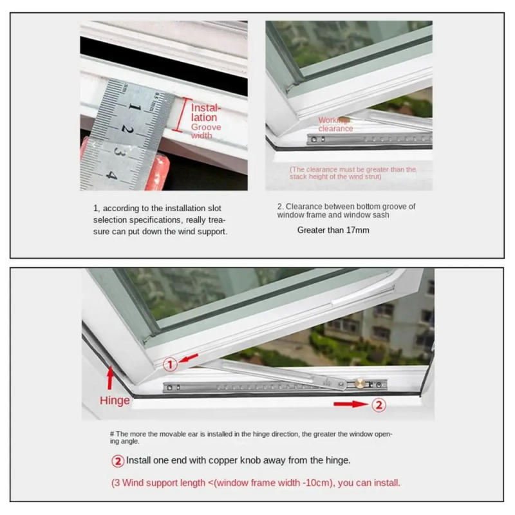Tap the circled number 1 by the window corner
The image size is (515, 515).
(x=170, y=364)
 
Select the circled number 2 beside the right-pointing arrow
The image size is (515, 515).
(x=379, y=405)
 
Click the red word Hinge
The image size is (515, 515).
(x=115, y=400)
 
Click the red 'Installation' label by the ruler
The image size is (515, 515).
(x=205, y=113)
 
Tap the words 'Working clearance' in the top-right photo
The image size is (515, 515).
(x=335, y=124)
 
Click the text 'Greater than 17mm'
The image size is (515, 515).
(x=333, y=230)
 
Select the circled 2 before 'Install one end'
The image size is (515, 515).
(x=118, y=461)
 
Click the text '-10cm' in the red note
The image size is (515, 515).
(x=321, y=482)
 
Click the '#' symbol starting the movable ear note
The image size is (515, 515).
(x=112, y=434)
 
